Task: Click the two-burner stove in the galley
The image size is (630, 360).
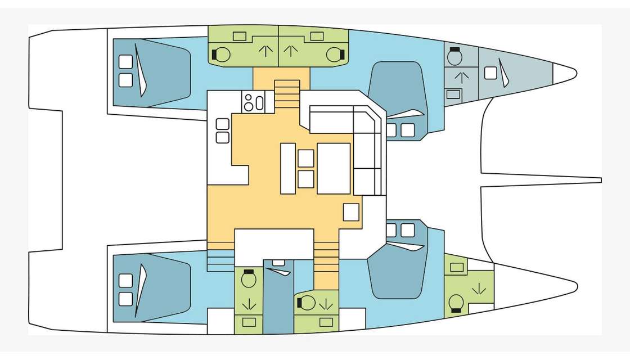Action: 253,102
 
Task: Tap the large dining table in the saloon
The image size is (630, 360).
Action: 334,168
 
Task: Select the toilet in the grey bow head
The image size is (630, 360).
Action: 455,56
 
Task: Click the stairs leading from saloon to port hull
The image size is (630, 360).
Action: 287,93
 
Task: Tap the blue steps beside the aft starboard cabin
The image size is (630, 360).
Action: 221,260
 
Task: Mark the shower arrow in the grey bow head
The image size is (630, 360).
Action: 461,77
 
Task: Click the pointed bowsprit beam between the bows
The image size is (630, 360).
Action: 540,179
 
